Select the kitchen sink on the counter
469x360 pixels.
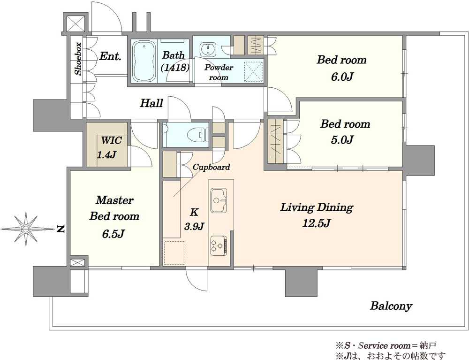(x=219, y=200)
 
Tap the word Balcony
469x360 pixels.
(x=391, y=306)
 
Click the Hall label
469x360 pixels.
(x=151, y=103)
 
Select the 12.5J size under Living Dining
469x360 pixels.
(x=317, y=223)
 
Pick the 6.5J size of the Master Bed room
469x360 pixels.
(x=113, y=234)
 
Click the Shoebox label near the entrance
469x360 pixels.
(x=78, y=59)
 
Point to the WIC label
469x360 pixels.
(x=111, y=140)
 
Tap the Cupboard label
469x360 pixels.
(x=212, y=167)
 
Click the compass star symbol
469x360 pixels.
(x=26, y=229)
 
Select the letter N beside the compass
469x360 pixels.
(x=61, y=229)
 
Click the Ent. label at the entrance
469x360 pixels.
(x=110, y=56)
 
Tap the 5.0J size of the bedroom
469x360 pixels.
(x=342, y=140)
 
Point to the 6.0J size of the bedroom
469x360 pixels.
(x=342, y=77)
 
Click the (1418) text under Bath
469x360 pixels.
(x=175, y=68)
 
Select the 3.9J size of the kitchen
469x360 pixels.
(x=194, y=226)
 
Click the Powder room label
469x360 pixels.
(x=219, y=72)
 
